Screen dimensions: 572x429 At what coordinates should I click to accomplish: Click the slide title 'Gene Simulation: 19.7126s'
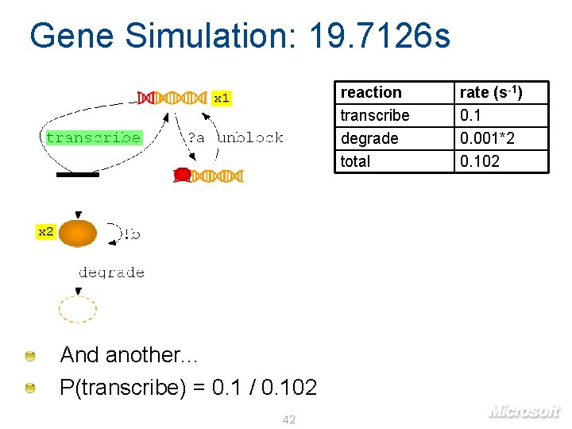[x=239, y=36]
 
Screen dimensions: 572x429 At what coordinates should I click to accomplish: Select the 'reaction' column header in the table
[x=371, y=93]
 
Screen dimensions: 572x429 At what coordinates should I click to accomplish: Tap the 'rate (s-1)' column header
[x=492, y=93]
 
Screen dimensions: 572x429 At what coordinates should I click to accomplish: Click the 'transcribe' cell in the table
[x=375, y=116]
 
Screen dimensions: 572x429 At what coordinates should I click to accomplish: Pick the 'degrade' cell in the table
[x=369, y=139]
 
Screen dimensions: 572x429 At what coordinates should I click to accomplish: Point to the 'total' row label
[x=355, y=162]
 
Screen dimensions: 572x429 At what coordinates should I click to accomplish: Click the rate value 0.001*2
[x=488, y=139]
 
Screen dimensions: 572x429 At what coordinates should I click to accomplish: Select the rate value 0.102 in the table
[x=481, y=162]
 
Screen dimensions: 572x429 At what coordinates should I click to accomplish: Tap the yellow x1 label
[x=222, y=99]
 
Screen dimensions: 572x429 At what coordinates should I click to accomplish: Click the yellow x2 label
[x=46, y=232]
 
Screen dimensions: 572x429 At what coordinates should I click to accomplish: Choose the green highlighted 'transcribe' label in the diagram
[x=94, y=137]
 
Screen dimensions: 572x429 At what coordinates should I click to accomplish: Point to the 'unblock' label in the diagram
[x=250, y=137]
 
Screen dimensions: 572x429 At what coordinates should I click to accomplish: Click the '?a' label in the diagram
[x=195, y=137]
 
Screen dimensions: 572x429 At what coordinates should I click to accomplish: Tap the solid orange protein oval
[x=78, y=234]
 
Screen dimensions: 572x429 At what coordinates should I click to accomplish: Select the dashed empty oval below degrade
[x=78, y=309]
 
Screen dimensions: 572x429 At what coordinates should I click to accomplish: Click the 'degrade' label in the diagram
[x=111, y=272]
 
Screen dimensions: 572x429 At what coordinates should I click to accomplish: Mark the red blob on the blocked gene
[x=182, y=174]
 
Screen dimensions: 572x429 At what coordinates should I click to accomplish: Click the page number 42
[x=288, y=419]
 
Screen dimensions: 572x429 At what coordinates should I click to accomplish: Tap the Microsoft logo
[x=524, y=412]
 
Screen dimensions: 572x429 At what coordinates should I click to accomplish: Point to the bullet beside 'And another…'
[x=29, y=356]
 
